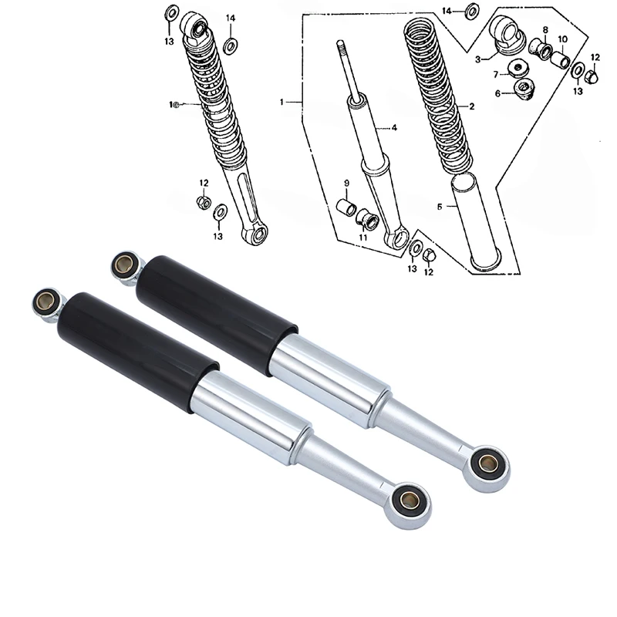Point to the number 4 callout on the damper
(x=393, y=128)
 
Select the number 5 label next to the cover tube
(x=440, y=207)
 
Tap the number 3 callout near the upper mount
(x=477, y=59)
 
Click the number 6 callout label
(x=498, y=93)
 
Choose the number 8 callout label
(x=545, y=30)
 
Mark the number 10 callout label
(x=562, y=39)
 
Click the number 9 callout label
(x=346, y=183)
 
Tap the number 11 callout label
(x=362, y=237)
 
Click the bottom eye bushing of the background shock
(x=487, y=464)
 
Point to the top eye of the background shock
(x=123, y=266)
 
